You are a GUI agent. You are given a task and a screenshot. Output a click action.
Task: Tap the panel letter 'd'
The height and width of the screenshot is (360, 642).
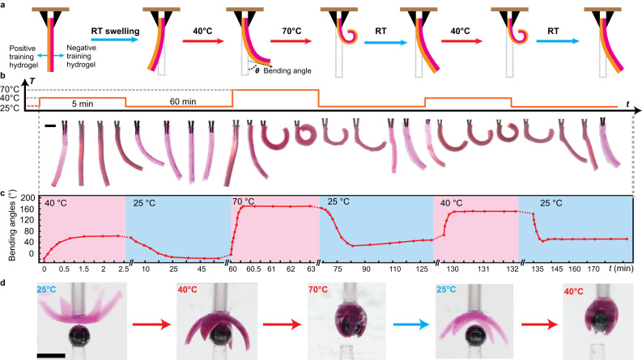(4, 281)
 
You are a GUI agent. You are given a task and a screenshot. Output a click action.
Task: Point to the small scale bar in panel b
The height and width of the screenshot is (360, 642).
(50, 125)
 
